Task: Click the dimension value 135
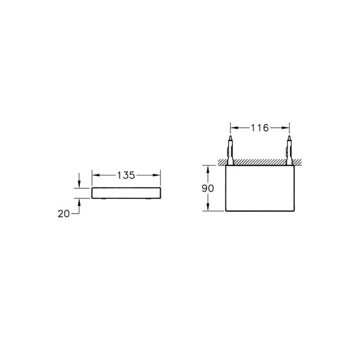126,175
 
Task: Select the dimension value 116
260,128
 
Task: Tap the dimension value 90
208,189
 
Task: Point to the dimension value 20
64,214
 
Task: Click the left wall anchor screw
230,150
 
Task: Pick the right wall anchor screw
289,150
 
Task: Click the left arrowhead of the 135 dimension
96,175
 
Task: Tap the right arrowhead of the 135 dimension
157,175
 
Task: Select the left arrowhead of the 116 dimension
234,128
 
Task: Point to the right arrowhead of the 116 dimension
285,128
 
